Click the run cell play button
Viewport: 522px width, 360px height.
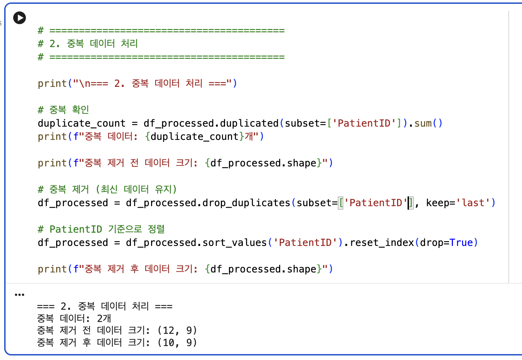point(20,18)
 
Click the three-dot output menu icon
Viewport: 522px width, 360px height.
point(19,295)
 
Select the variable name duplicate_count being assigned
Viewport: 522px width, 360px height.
point(82,123)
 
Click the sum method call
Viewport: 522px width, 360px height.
point(423,123)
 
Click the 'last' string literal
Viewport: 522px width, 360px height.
point(473,203)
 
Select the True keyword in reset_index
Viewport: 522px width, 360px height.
point(461,242)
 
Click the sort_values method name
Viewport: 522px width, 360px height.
point(234,242)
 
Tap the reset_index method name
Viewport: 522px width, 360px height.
point(382,242)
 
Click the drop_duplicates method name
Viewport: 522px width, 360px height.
point(246,203)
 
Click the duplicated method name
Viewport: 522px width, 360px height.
point(249,123)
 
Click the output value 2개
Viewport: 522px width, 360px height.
point(104,318)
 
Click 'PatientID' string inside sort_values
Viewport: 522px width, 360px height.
point(305,242)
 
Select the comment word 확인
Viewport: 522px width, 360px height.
point(80,110)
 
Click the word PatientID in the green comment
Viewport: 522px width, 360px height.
point(76,229)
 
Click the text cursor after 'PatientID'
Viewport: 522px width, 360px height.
point(408,203)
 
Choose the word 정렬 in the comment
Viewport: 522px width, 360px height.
point(156,229)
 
